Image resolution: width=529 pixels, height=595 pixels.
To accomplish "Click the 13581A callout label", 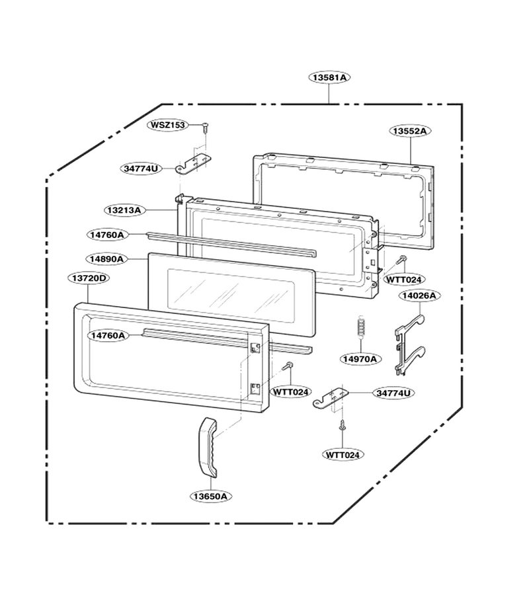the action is point(329,77).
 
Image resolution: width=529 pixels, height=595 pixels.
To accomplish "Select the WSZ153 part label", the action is point(168,125).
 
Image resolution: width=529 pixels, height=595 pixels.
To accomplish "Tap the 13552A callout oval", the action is point(410,131).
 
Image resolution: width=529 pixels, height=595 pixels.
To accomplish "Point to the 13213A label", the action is point(124,210).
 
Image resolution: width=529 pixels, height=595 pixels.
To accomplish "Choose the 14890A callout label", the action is point(106,259).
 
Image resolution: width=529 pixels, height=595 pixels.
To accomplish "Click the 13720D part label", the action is point(89,278).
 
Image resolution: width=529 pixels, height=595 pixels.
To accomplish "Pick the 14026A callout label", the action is point(419,296).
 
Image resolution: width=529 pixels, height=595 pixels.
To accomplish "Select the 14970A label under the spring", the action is point(360,358).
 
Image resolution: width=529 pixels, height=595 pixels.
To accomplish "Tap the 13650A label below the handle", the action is point(210,496).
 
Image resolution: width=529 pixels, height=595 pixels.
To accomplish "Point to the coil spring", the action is point(361,325).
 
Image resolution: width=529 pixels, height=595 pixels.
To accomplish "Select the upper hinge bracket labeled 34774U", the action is point(194,165).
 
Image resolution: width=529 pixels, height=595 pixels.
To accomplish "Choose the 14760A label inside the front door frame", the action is point(107,335).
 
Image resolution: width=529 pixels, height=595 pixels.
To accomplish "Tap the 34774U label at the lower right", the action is point(393,393).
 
